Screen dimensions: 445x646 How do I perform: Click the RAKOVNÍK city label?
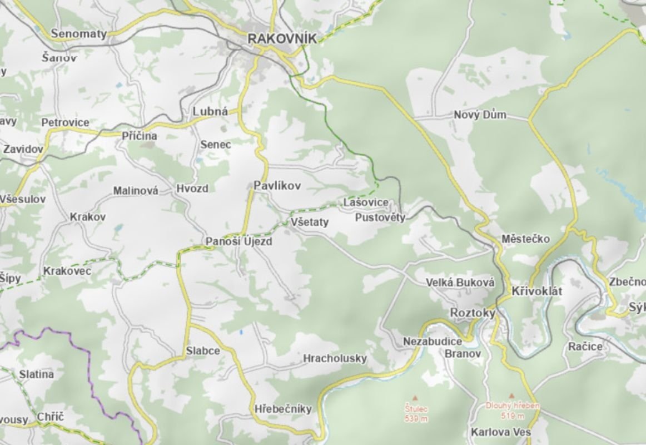point(282,38)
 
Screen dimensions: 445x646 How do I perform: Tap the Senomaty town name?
point(78,34)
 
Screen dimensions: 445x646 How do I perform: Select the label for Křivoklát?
point(537,291)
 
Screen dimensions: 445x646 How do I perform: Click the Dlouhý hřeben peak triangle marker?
point(511,395)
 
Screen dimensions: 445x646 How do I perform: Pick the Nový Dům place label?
point(480,115)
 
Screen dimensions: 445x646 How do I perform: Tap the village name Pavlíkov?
point(277,186)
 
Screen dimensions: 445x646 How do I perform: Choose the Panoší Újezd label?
point(239,242)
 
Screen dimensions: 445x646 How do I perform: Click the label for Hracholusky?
point(335,359)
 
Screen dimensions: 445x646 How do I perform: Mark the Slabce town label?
point(203,352)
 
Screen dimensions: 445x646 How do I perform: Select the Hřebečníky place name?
point(283,409)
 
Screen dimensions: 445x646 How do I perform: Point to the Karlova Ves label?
point(500,432)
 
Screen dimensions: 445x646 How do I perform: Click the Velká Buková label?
point(460,283)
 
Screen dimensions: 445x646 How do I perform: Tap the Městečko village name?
point(525,239)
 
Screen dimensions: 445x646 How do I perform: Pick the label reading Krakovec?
point(67,271)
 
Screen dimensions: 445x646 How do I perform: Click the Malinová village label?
point(136,191)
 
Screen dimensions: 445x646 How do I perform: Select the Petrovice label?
point(65,122)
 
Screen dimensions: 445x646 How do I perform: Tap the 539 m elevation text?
point(416,419)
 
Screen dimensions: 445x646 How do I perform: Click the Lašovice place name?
point(365,203)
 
